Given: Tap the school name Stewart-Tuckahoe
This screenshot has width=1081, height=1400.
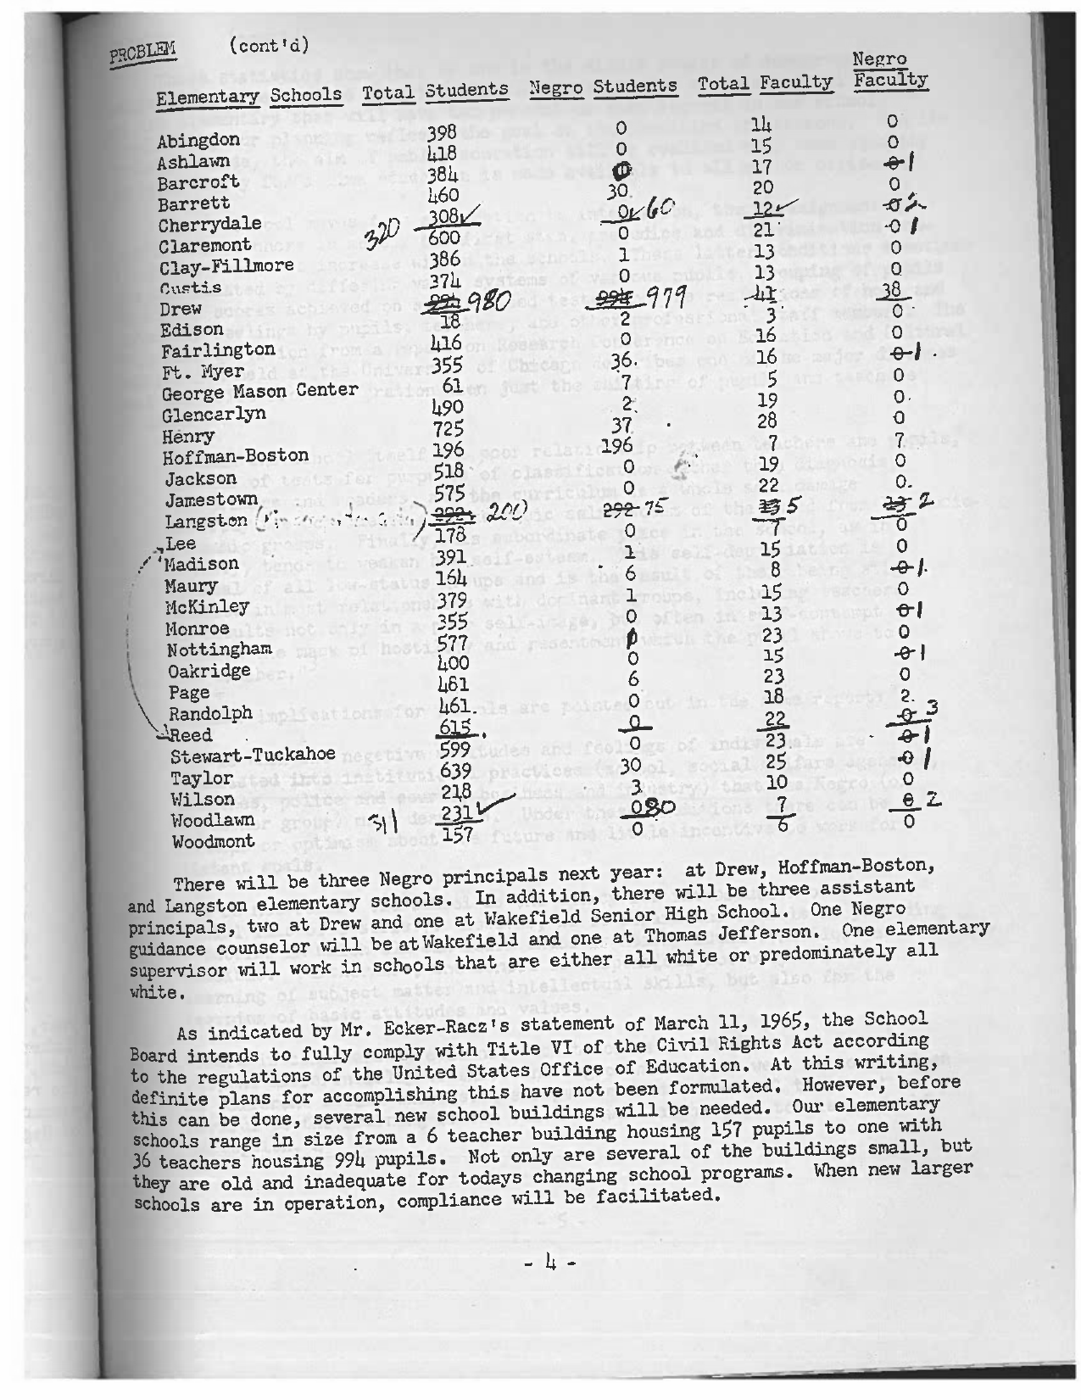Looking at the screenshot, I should (253, 756).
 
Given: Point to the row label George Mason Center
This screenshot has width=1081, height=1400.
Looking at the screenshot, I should (259, 391).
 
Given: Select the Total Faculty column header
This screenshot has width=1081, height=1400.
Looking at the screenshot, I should (765, 83).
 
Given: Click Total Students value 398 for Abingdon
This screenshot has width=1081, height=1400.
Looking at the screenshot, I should (442, 133).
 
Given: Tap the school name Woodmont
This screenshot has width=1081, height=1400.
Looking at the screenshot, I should (212, 842).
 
